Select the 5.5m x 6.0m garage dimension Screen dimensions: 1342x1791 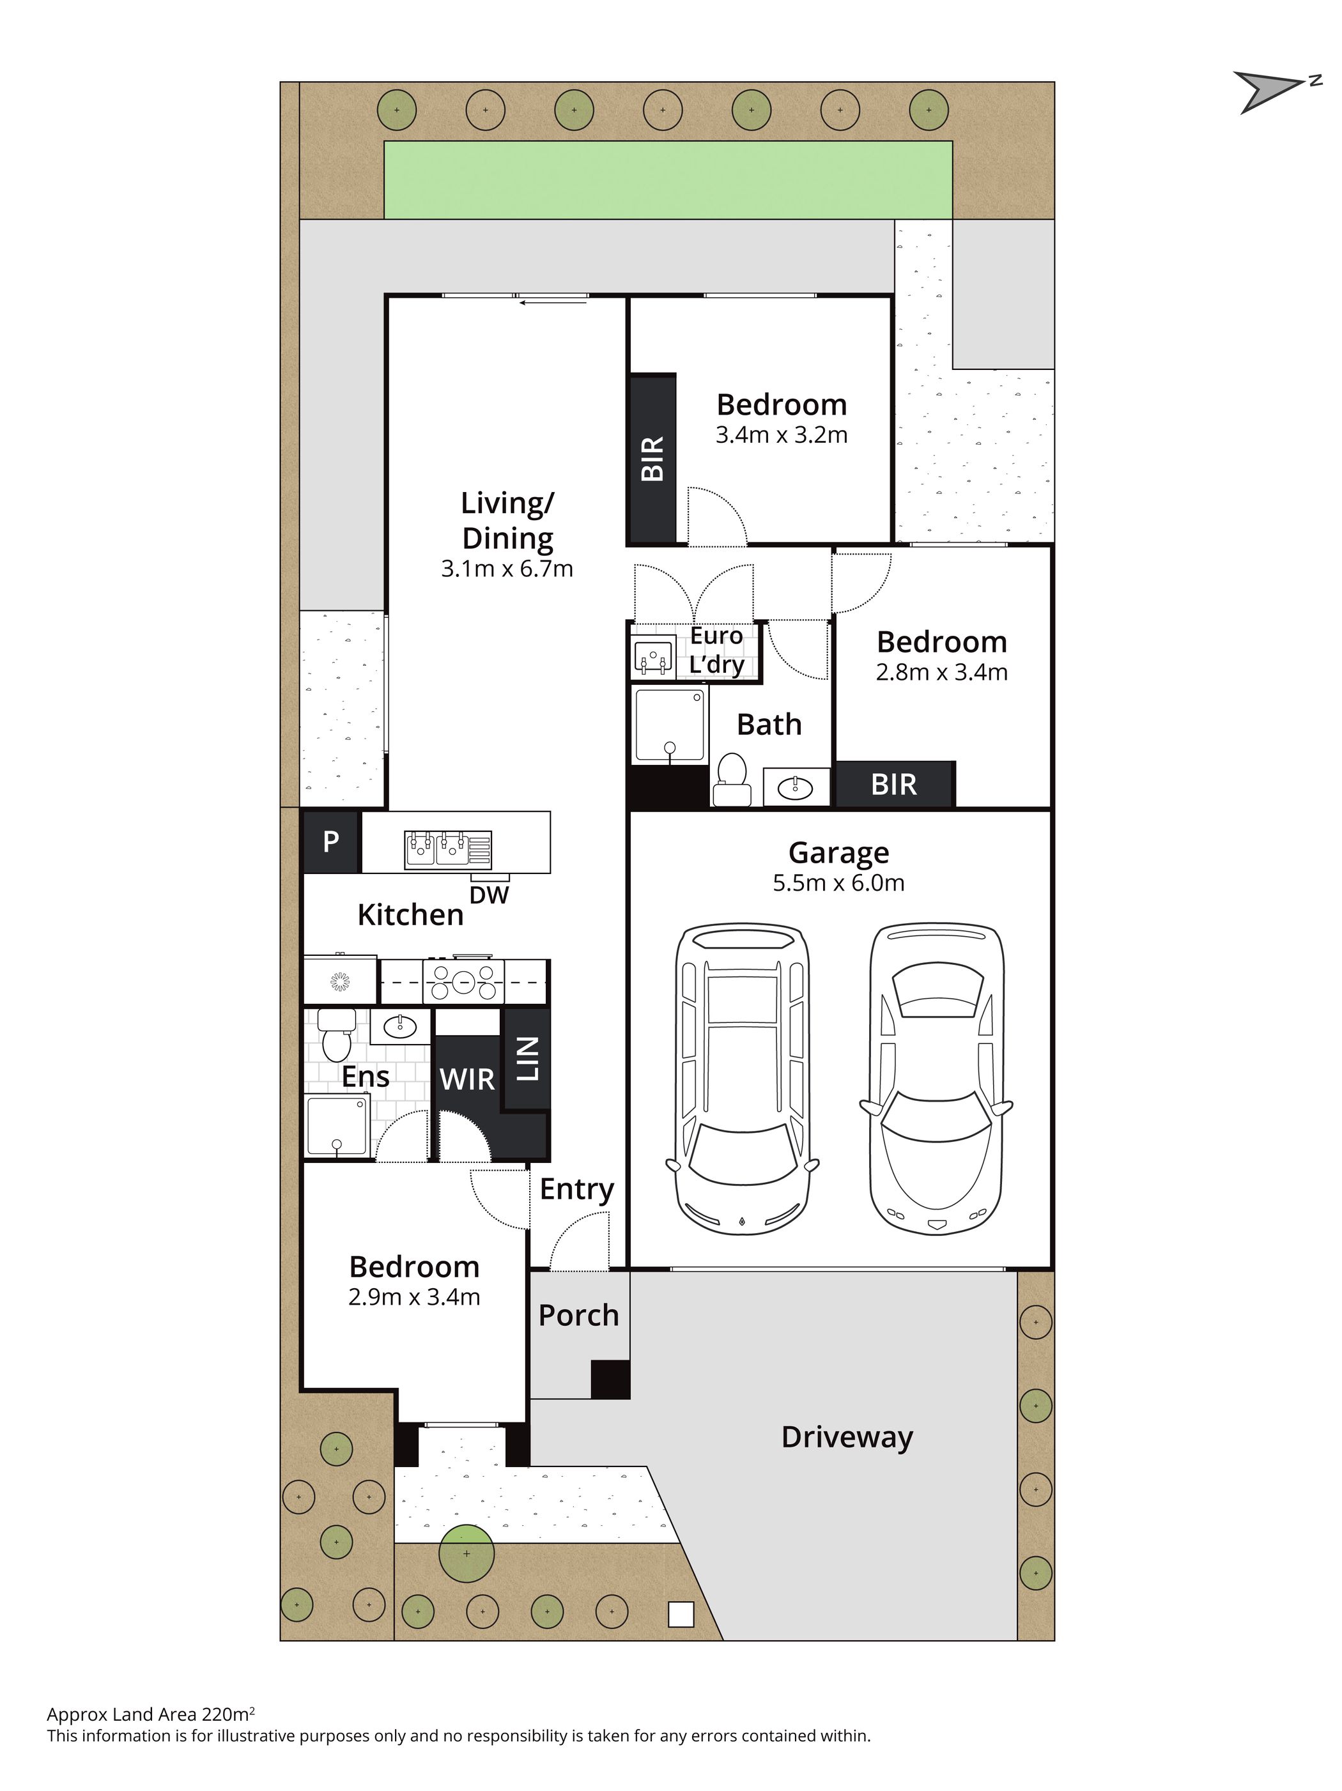tap(838, 882)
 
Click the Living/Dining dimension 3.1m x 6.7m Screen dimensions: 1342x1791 tap(507, 569)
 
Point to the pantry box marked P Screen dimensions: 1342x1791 tap(331, 842)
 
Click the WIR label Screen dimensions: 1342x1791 tap(467, 1079)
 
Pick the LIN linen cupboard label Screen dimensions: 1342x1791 tap(527, 1060)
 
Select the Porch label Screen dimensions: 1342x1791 tap(579, 1316)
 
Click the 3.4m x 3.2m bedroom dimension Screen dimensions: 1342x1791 tap(782, 434)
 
